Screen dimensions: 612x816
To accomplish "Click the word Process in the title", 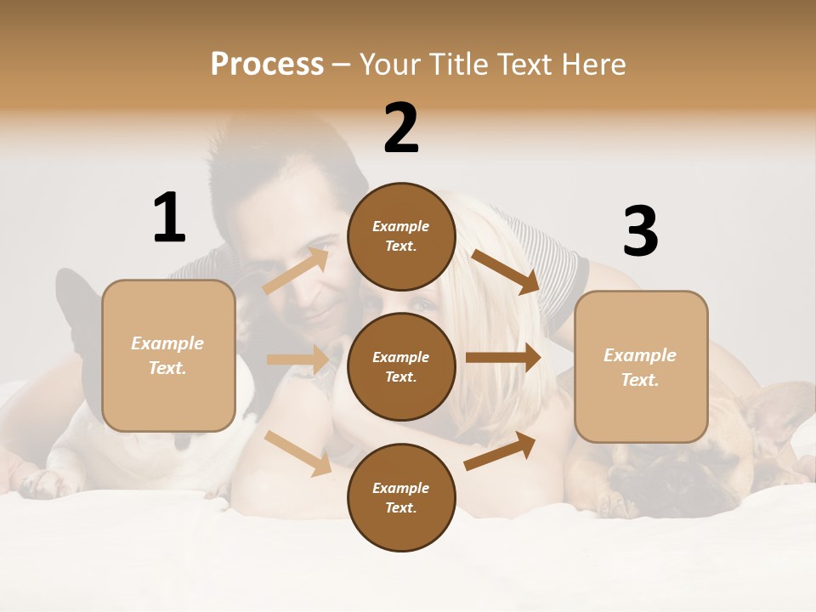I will tap(267, 65).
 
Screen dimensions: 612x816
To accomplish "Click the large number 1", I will tap(169, 218).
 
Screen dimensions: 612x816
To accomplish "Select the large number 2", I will tap(401, 128).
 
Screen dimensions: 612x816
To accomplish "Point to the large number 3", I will tap(640, 231).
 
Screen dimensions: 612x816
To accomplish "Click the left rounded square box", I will tap(168, 355).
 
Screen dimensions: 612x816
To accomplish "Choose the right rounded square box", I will tap(641, 366).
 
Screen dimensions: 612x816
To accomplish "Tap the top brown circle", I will tap(401, 236).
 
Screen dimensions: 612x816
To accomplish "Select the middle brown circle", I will tap(401, 366).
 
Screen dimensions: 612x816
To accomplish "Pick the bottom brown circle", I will tap(401, 497).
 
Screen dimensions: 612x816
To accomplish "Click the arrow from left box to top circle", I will tap(296, 270).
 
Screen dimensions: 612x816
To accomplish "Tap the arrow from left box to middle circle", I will tap(297, 360).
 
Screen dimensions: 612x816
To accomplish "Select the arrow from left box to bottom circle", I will tap(297, 452).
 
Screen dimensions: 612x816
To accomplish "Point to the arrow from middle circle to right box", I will tap(503, 358).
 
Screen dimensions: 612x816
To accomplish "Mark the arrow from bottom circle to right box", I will tap(500, 450).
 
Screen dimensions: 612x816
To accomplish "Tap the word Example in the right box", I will tap(640, 355).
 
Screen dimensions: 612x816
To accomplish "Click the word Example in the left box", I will tap(167, 343).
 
